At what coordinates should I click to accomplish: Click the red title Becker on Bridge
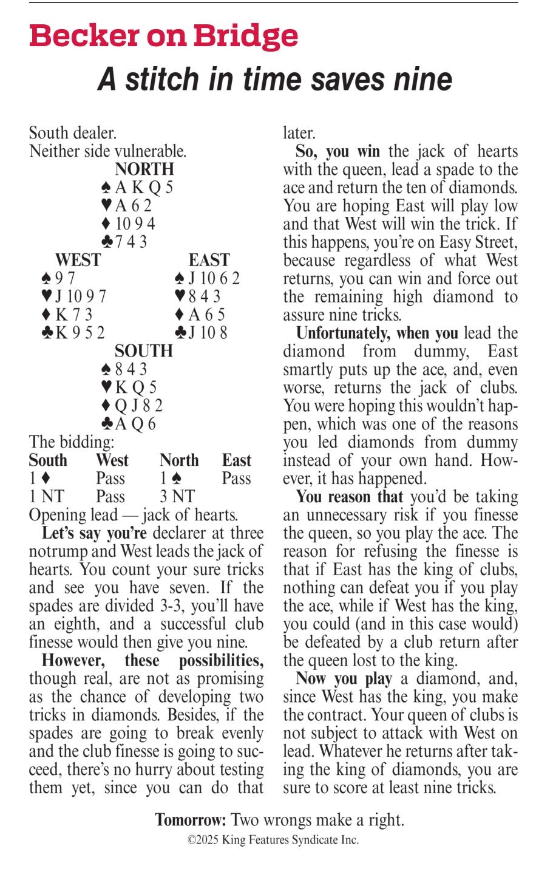(163, 37)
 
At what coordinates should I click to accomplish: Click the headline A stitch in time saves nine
(274, 79)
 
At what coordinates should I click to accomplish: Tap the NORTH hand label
(144, 169)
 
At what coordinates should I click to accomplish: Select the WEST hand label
(78, 260)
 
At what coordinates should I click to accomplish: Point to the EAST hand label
(209, 260)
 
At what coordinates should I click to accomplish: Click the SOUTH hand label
(144, 351)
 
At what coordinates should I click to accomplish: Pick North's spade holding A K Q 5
(138, 187)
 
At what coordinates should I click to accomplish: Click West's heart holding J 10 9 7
(73, 296)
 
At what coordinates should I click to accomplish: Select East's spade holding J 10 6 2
(207, 278)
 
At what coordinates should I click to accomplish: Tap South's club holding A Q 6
(129, 424)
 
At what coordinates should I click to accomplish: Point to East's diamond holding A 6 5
(200, 315)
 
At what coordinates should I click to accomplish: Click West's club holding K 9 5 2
(73, 333)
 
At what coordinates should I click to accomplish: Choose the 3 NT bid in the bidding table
(177, 497)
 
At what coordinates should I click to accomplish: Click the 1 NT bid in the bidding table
(46, 497)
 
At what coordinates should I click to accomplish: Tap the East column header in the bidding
(236, 460)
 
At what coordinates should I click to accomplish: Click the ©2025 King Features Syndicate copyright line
(273, 841)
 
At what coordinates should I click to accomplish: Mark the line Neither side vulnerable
(108, 151)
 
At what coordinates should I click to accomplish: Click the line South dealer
(73, 132)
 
